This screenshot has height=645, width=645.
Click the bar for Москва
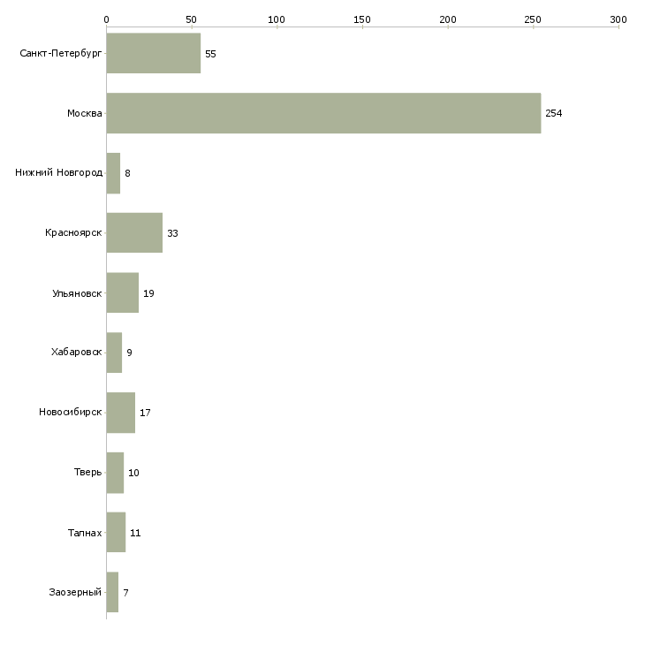point(323,113)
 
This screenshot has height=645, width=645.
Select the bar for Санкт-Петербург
point(153,53)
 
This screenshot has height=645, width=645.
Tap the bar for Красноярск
point(134,233)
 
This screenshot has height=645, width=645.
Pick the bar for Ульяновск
point(122,292)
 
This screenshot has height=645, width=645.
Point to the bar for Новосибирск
point(120,413)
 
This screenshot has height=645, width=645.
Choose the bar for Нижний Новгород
point(113,173)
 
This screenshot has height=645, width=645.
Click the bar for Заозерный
point(112,592)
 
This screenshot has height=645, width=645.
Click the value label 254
point(554,114)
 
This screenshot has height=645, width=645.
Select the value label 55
point(210,54)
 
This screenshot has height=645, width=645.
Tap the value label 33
point(173,233)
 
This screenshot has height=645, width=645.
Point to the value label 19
point(148,293)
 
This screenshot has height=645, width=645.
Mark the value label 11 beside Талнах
point(135,533)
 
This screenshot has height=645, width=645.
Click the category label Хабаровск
point(76,353)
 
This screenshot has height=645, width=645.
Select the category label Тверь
point(87,473)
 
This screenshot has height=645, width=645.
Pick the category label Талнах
point(85,533)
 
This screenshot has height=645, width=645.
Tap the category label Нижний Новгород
point(58,173)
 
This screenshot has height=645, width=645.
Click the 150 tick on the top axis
point(362,19)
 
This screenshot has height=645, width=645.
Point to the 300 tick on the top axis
point(618,19)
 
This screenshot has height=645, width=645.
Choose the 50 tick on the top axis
point(191,19)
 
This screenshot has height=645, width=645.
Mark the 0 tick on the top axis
point(106,19)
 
